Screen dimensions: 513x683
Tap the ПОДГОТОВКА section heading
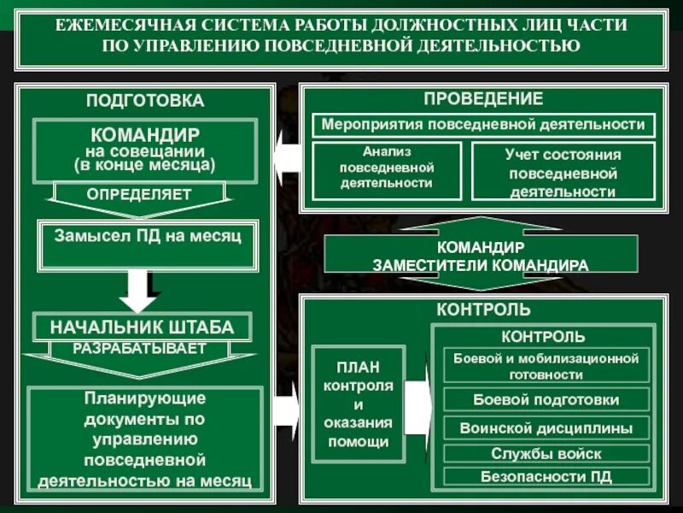[145, 101]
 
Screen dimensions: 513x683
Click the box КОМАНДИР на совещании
[145, 150]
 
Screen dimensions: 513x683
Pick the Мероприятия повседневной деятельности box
[483, 125]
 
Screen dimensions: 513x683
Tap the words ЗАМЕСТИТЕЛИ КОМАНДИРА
[481, 265]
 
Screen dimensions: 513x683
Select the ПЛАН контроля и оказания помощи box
[359, 404]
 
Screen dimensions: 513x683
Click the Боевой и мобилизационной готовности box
[546, 366]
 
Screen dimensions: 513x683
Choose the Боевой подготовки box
[546, 400]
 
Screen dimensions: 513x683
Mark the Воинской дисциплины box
[546, 428]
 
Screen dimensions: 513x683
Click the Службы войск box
[546, 454]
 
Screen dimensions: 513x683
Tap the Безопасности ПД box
[546, 476]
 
